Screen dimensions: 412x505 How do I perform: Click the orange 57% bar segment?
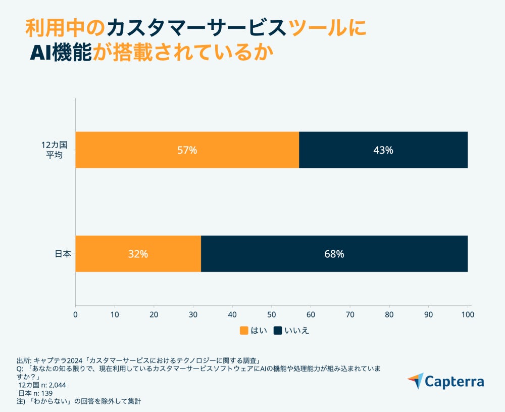click(187, 150)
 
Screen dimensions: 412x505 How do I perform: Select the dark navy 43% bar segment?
click(383, 150)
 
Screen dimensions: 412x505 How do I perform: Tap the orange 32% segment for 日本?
click(138, 254)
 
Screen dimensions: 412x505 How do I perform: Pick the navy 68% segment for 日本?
click(334, 254)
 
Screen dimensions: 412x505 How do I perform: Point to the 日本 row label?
click(62, 254)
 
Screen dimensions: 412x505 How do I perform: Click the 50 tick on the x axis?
click(272, 314)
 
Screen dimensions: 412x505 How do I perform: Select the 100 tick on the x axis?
click(467, 314)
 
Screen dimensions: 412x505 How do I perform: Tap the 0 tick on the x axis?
click(76, 314)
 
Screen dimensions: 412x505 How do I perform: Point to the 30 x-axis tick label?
click(193, 314)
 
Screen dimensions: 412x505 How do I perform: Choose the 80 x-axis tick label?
click(389, 314)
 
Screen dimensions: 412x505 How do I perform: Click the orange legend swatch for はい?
click(244, 331)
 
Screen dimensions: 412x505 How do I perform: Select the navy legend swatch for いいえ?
click(278, 331)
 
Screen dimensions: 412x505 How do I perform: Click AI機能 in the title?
click(61, 53)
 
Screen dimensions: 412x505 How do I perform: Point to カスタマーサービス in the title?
click(196, 28)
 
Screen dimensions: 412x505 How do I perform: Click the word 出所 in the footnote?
click(23, 361)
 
